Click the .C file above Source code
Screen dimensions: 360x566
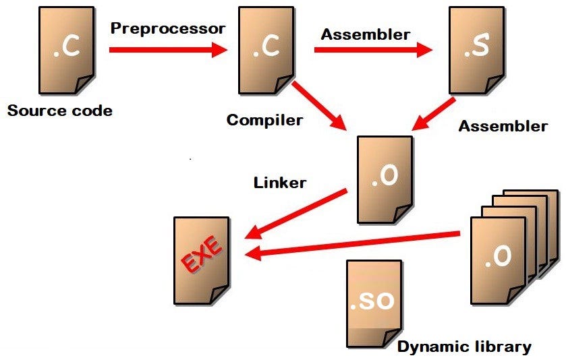point(65,51)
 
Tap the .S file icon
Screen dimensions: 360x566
point(476,51)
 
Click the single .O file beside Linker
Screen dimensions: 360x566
point(385,179)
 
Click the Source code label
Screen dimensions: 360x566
point(59,111)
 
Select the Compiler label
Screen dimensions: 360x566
point(264,120)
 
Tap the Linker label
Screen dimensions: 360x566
point(280,182)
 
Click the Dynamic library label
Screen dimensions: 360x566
point(464,347)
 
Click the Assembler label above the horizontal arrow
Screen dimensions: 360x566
point(365,34)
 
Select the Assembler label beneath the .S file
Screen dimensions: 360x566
point(503,126)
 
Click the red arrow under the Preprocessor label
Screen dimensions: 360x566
point(167,49)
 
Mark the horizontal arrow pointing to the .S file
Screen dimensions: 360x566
point(372,49)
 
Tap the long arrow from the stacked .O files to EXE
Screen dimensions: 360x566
point(354,244)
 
